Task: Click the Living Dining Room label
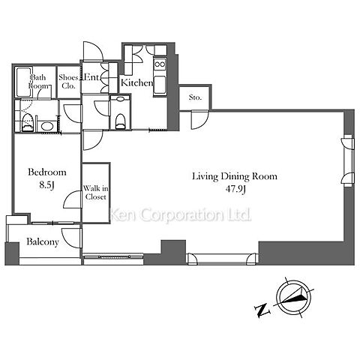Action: [x=235, y=176]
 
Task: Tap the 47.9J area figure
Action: [x=235, y=189]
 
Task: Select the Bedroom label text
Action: [x=47, y=172]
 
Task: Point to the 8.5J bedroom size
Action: [x=46, y=185]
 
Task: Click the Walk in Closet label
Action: [x=95, y=192]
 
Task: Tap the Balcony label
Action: [x=43, y=241]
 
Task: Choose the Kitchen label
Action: [x=136, y=82]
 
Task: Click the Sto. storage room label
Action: [x=195, y=97]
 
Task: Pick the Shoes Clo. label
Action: [x=68, y=82]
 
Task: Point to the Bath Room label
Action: [x=38, y=82]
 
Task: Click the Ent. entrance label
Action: [x=91, y=77]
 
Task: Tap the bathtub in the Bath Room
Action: [x=23, y=82]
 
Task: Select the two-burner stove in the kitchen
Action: [x=160, y=64]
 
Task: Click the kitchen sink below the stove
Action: [x=160, y=85]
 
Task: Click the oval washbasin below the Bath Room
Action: [x=46, y=126]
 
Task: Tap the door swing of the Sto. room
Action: [x=199, y=120]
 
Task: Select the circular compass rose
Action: [x=294, y=298]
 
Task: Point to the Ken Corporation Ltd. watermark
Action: [x=181, y=214]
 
